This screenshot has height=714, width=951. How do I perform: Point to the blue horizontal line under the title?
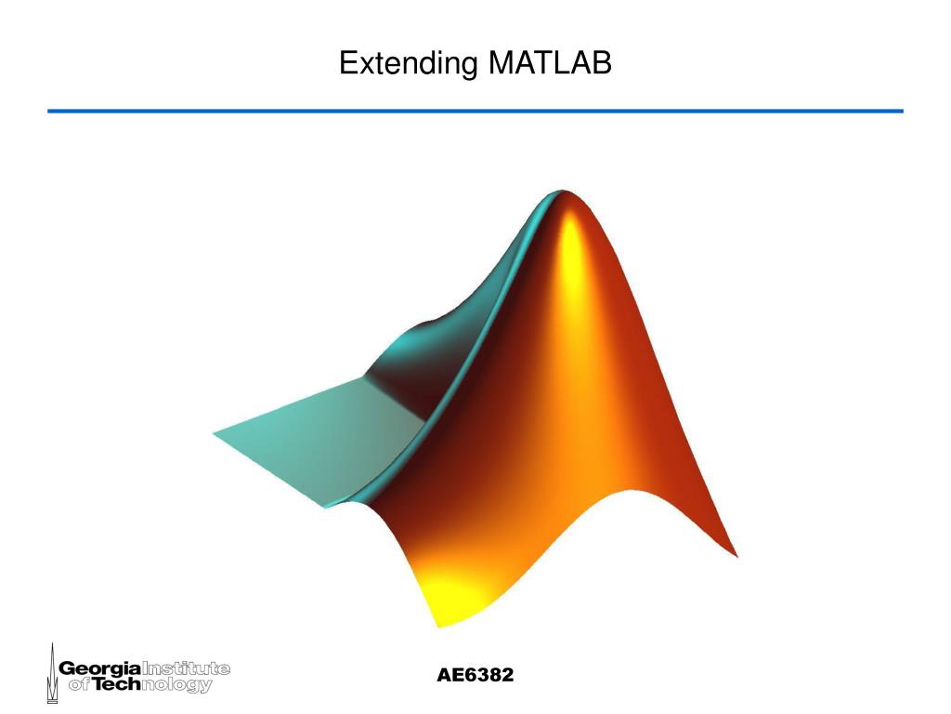point(475,111)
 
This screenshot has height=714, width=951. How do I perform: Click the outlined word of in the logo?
point(73,686)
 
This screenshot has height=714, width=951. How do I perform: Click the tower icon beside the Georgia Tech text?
point(51,673)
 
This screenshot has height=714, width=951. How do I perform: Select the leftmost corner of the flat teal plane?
point(215,433)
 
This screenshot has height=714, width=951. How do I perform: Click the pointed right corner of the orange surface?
point(735,555)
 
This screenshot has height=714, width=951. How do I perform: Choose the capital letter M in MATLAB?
point(500,63)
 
